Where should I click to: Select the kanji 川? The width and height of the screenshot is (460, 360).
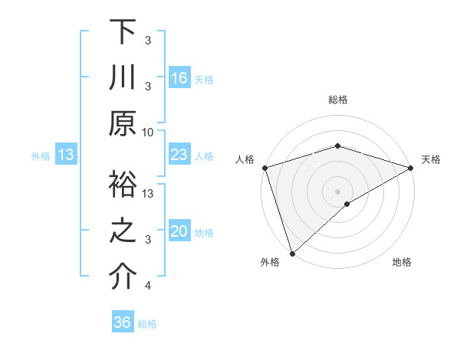tap(123, 79)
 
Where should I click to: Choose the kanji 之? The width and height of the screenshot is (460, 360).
tap(123, 231)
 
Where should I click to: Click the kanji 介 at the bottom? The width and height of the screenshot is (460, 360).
tap(123, 277)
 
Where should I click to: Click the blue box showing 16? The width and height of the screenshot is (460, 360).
tap(179, 77)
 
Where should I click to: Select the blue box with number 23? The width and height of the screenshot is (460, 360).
tap(179, 155)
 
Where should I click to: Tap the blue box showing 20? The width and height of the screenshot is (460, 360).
tap(179, 231)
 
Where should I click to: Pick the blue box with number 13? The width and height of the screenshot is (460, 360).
tap(66, 155)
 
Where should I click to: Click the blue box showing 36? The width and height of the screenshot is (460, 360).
tap(122, 322)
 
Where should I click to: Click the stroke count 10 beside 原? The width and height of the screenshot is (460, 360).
tap(148, 132)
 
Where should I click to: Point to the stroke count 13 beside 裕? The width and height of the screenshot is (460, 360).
tap(149, 193)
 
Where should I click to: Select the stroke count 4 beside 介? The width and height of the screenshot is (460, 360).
tap(148, 286)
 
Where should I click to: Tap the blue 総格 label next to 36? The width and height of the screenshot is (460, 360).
tap(147, 323)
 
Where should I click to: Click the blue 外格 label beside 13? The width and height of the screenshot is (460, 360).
tap(41, 155)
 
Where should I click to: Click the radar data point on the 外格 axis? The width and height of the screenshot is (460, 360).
tap(292, 252)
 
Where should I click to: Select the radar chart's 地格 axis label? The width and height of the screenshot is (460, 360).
tap(402, 262)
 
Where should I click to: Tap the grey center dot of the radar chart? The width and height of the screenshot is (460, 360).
tap(337, 190)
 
